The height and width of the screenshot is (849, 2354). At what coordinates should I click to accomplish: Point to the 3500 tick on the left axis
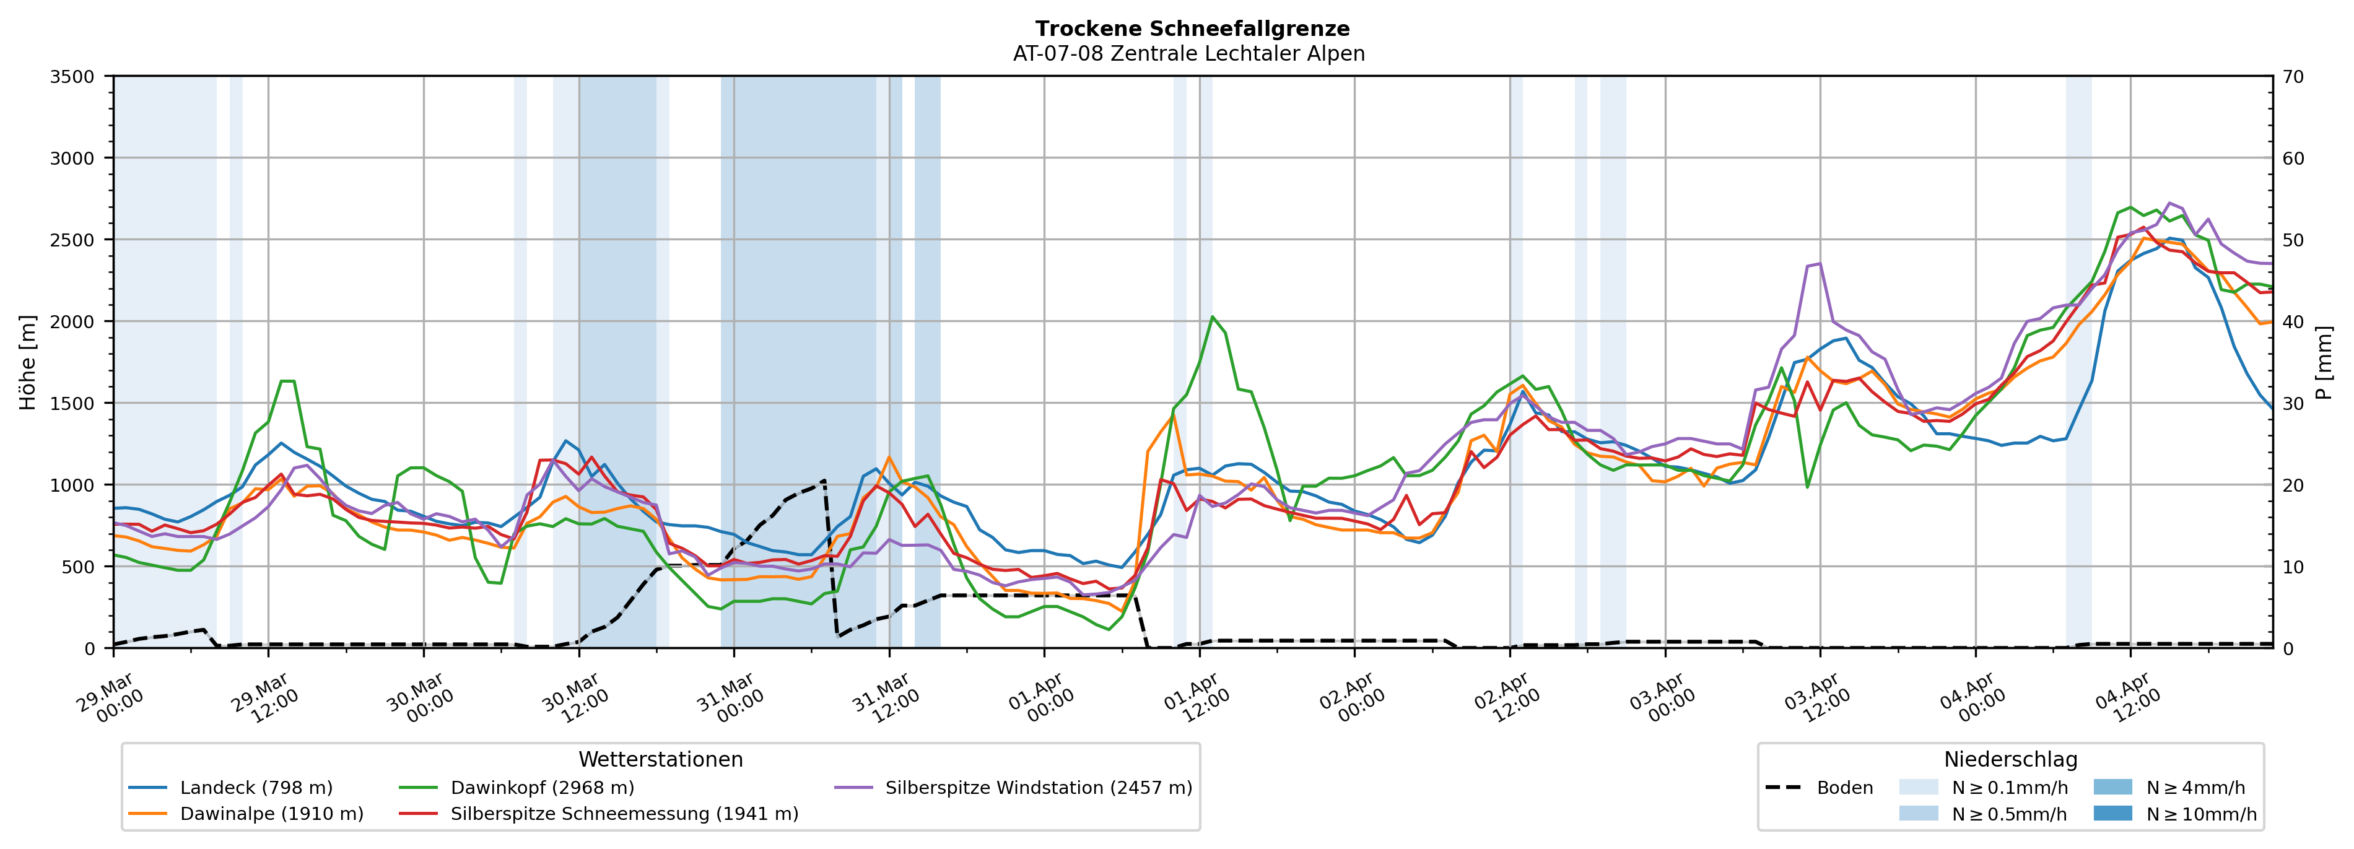pos(72,77)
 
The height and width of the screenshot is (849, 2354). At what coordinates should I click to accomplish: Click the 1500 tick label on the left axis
pos(72,403)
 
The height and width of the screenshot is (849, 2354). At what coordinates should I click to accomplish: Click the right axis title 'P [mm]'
pos(2325,363)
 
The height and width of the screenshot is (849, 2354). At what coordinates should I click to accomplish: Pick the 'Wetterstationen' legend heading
pos(661,759)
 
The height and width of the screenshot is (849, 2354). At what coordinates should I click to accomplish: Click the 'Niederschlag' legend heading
pos(2010,759)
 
